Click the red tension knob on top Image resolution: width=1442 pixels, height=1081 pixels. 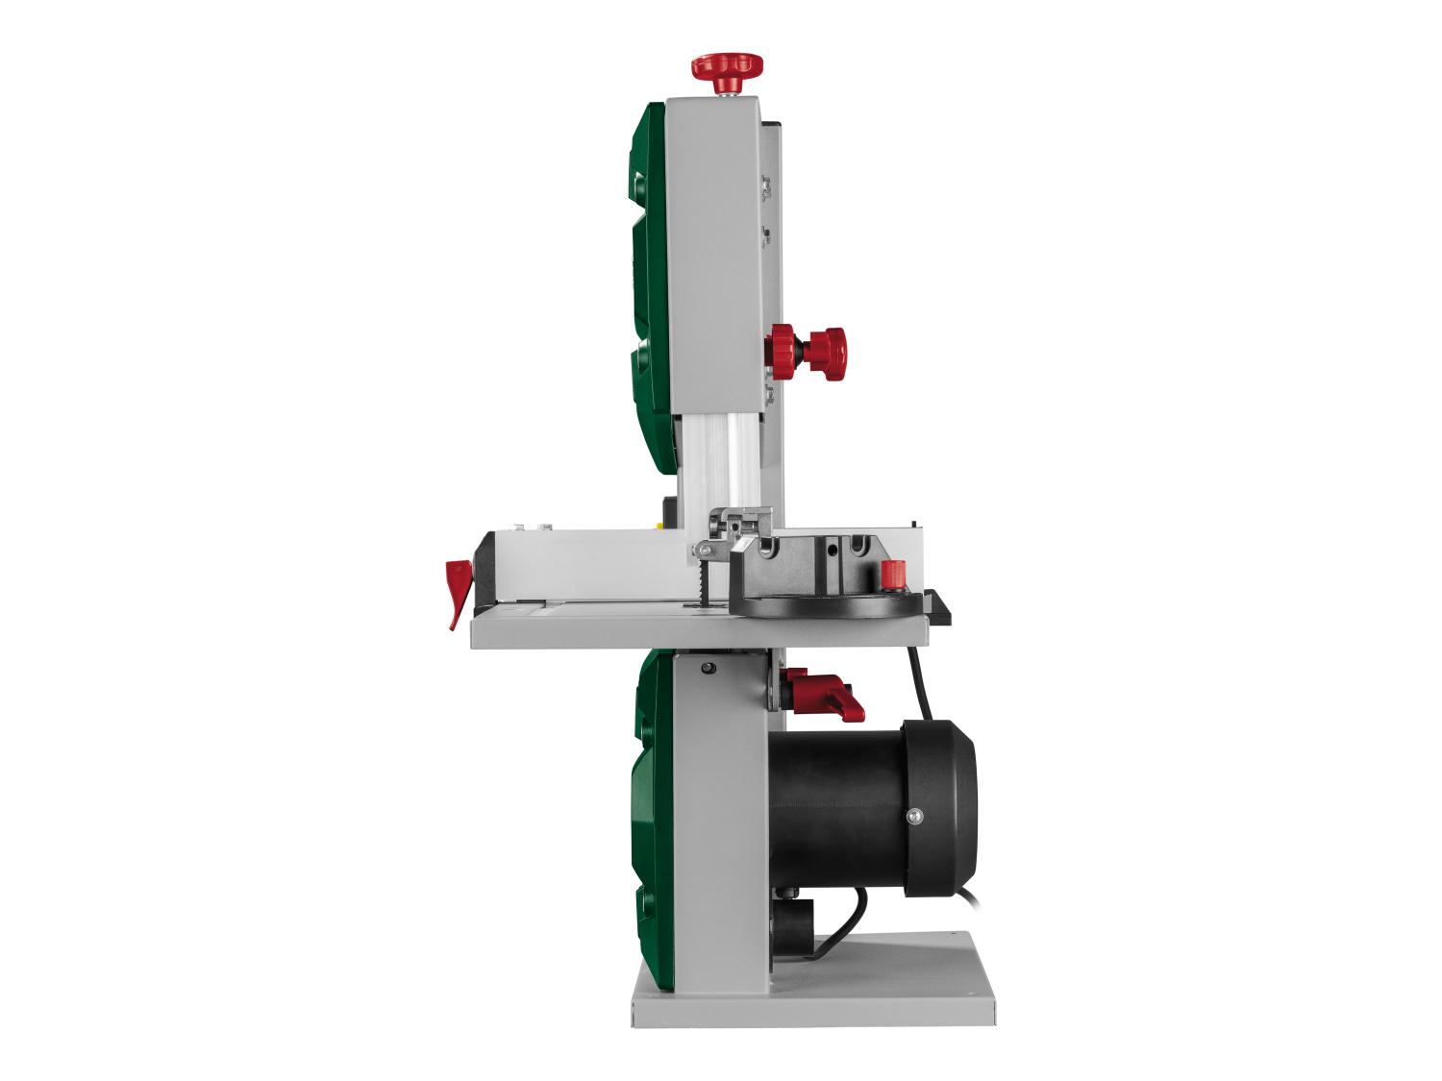coord(727,68)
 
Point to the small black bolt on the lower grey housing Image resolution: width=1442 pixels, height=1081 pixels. coord(709,669)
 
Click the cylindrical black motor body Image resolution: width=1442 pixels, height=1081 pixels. coord(836,812)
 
